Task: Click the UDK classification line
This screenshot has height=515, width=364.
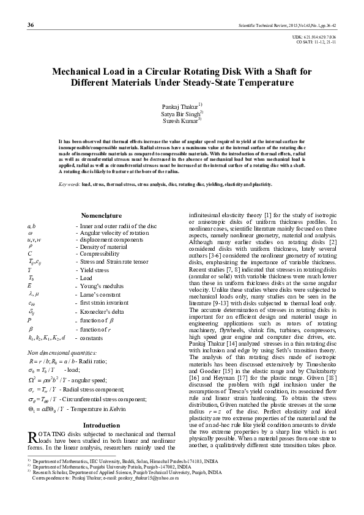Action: [x=318, y=37]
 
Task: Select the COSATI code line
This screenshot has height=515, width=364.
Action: [x=318, y=42]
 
